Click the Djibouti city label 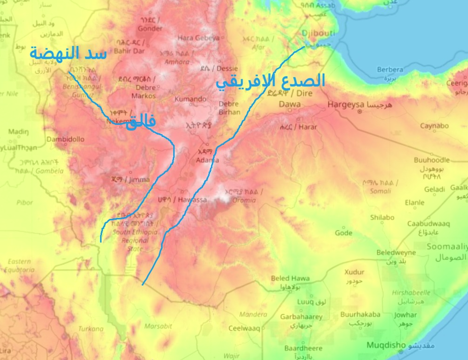pyautogui.click(x=318, y=34)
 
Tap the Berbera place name pyautogui.click(x=390, y=70)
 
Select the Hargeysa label pyautogui.click(x=346, y=104)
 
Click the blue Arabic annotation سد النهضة pyautogui.click(x=68, y=53)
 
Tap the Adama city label pyautogui.click(x=207, y=160)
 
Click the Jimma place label pyautogui.click(x=139, y=180)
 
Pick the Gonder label pyautogui.click(x=151, y=28)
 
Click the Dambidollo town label pyautogui.click(x=65, y=139)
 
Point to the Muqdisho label pyautogui.click(x=387, y=345)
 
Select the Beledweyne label pyautogui.click(x=396, y=252)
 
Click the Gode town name pyautogui.click(x=344, y=232)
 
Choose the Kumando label pyautogui.click(x=190, y=99)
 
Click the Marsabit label pyautogui.click(x=158, y=326)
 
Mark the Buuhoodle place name pyautogui.click(x=432, y=160)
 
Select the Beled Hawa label pyautogui.click(x=290, y=278)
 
